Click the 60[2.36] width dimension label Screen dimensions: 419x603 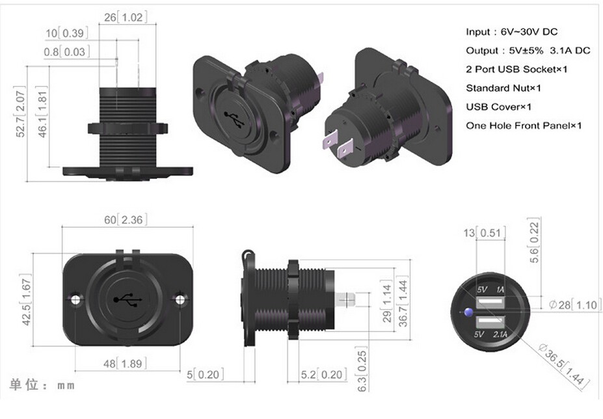[123, 220]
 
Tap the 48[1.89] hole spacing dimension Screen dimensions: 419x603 [123, 364]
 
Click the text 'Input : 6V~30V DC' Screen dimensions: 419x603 [511, 31]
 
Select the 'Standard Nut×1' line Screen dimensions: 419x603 [503, 87]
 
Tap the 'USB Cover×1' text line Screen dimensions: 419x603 [498, 106]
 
